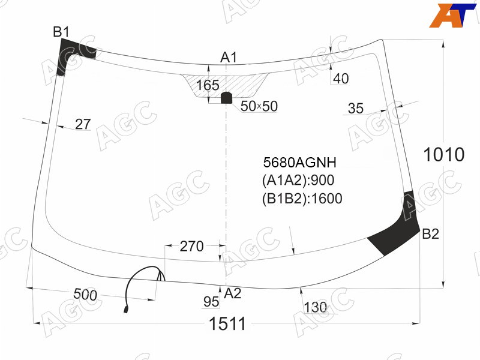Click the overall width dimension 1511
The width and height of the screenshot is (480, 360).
(x=227, y=323)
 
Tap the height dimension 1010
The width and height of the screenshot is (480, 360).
(x=443, y=154)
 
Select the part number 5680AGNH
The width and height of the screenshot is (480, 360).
(x=299, y=162)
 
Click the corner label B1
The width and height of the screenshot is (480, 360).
(x=61, y=32)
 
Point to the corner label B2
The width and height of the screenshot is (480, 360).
(x=430, y=234)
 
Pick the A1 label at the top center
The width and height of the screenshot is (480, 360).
(x=229, y=58)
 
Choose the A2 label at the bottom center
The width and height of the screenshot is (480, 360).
(x=233, y=293)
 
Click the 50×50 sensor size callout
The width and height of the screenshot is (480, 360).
(x=259, y=106)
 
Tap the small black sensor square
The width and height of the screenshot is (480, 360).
(x=227, y=98)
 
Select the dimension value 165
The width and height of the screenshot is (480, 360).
(x=208, y=85)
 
